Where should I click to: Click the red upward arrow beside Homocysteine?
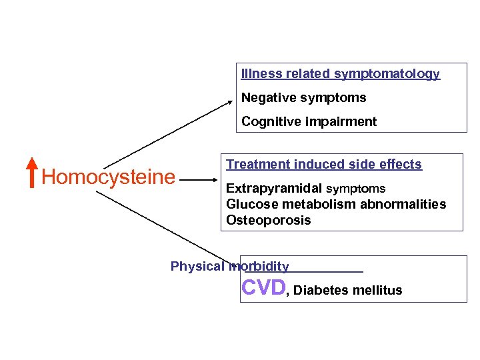pyautogui.click(x=32, y=173)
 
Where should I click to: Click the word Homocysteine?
pyautogui.click(x=108, y=177)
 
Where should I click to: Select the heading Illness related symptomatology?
pyautogui.click(x=340, y=74)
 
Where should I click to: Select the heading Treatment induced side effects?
pyautogui.click(x=324, y=164)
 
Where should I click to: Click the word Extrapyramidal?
pyautogui.click(x=274, y=189)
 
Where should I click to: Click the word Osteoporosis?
pyautogui.click(x=269, y=221)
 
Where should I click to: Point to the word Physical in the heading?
pyautogui.click(x=197, y=267)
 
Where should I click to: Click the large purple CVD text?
pyautogui.click(x=263, y=287)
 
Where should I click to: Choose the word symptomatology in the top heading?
pyautogui.click(x=387, y=74)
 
